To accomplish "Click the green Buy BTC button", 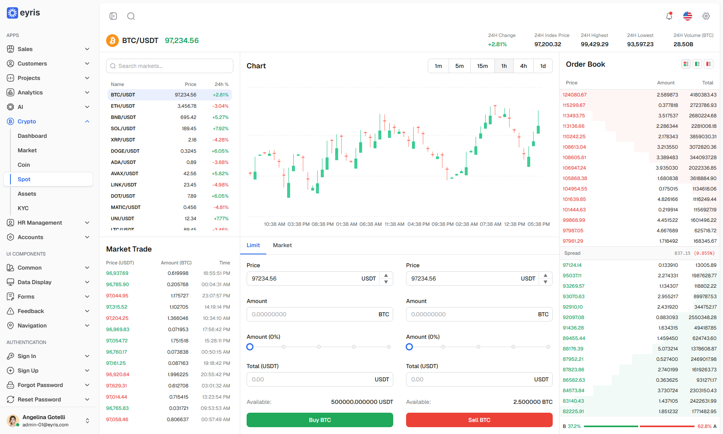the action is tap(320, 420).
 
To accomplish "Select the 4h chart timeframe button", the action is tap(523, 66).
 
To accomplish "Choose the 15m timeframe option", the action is tap(482, 66).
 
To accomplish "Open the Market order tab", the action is tap(282, 245).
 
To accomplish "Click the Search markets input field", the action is tap(170, 66).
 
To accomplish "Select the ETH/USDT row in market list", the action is tap(170, 106).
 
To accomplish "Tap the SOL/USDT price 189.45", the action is tap(189, 129).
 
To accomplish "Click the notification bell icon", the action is tap(669, 16).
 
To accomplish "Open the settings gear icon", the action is tap(706, 16).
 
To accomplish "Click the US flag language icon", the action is tap(688, 16).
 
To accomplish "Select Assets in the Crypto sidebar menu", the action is tap(27, 194).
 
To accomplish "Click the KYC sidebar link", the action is tap(23, 208).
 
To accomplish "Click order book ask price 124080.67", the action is tap(574, 95).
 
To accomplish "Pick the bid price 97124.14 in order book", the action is tap(572, 265).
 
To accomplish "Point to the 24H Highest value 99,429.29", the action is tap(594, 44).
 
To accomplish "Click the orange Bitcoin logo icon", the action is tap(112, 41).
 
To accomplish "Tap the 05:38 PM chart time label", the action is tap(539, 224).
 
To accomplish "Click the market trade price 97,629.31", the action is tap(116, 386).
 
